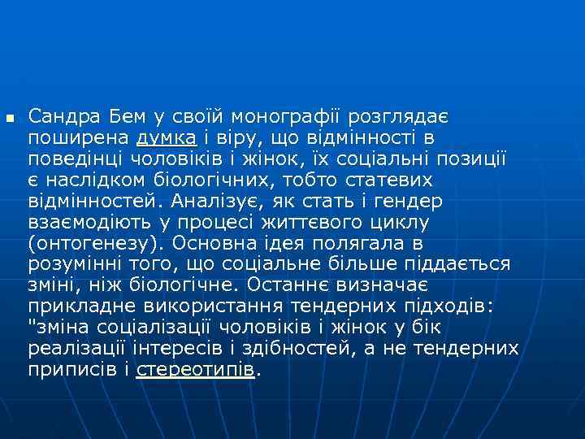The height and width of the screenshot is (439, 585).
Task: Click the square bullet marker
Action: coord(10,120)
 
